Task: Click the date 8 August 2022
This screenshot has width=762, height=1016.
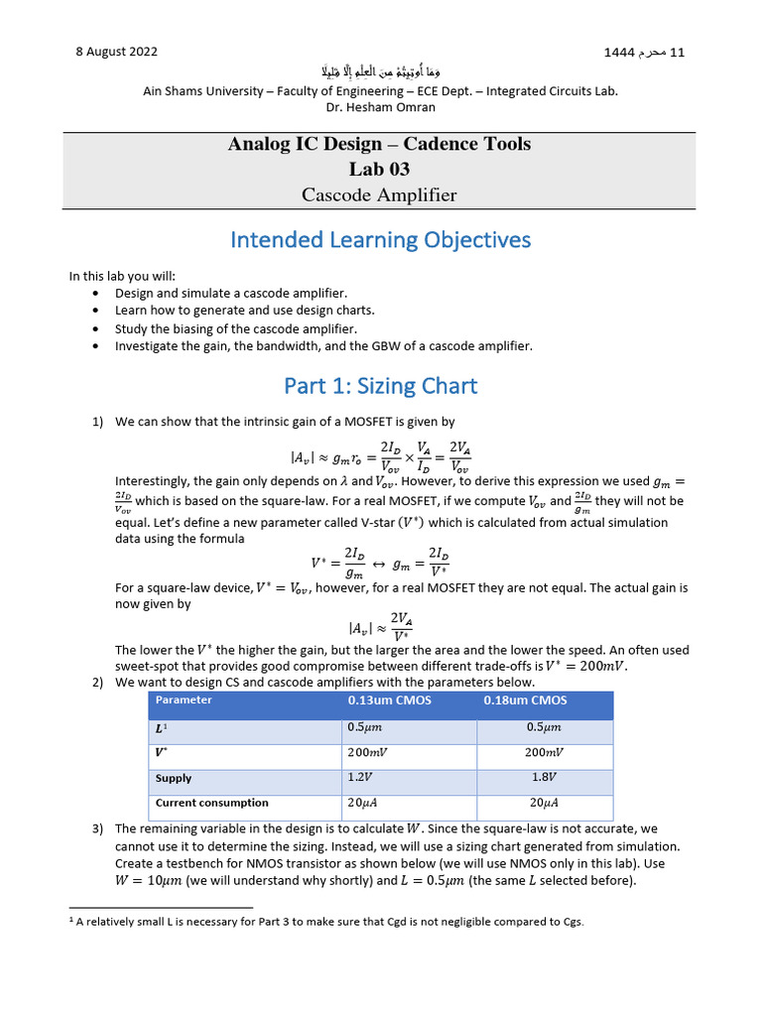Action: click(x=116, y=52)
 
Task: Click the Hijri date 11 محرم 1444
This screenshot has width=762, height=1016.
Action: click(x=644, y=52)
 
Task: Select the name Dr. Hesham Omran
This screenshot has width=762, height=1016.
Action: click(x=380, y=107)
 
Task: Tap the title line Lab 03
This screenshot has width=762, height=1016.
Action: click(x=379, y=169)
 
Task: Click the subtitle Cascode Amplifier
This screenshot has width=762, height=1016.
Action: click(x=379, y=194)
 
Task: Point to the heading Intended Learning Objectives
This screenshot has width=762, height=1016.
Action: click(x=380, y=240)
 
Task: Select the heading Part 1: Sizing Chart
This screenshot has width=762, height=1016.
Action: click(x=380, y=386)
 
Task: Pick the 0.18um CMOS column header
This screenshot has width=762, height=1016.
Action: click(x=526, y=700)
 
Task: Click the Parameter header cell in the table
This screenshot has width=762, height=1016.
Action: click(x=184, y=700)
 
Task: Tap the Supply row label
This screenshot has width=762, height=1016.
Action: click(x=174, y=779)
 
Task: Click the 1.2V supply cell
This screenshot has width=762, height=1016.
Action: click(x=359, y=779)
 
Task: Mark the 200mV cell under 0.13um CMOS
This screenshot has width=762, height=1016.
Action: click(x=367, y=753)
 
